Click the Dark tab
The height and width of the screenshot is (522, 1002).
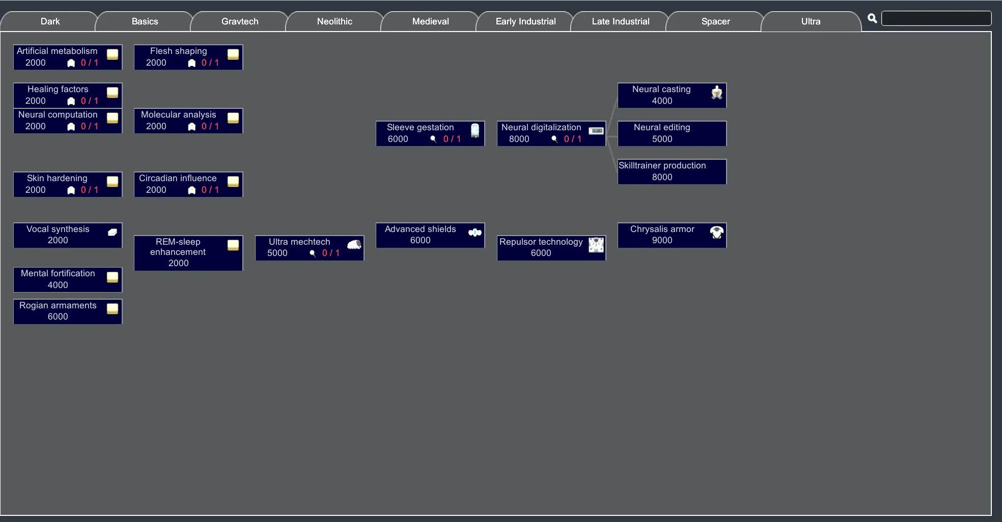[x=49, y=21]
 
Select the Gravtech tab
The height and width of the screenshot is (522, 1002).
[x=240, y=21]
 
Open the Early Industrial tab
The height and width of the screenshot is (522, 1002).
[x=525, y=21]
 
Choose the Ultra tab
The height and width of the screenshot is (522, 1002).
[x=811, y=21]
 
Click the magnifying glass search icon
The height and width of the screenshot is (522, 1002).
[x=872, y=18]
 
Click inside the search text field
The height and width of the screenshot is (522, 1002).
[x=936, y=18]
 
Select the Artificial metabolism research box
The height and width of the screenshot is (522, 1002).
[x=68, y=57]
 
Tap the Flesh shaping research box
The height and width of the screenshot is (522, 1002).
[x=188, y=57]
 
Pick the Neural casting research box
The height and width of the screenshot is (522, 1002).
[x=672, y=95]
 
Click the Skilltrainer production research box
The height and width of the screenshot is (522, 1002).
[x=672, y=171]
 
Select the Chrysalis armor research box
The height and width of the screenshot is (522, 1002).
[x=672, y=235]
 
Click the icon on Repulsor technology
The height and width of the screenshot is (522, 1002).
[x=596, y=245]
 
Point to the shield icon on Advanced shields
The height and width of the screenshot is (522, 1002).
[x=475, y=233]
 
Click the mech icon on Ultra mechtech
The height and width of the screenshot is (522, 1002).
[x=354, y=245]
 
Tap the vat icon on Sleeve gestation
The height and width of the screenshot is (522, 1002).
[x=475, y=130]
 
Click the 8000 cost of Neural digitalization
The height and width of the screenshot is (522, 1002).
[x=519, y=139]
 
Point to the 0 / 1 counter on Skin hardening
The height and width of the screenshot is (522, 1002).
[x=90, y=190]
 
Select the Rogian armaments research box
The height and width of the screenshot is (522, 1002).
[x=68, y=311]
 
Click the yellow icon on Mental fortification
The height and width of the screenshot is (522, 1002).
[x=113, y=277]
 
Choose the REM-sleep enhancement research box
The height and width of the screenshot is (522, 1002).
[x=188, y=253]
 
